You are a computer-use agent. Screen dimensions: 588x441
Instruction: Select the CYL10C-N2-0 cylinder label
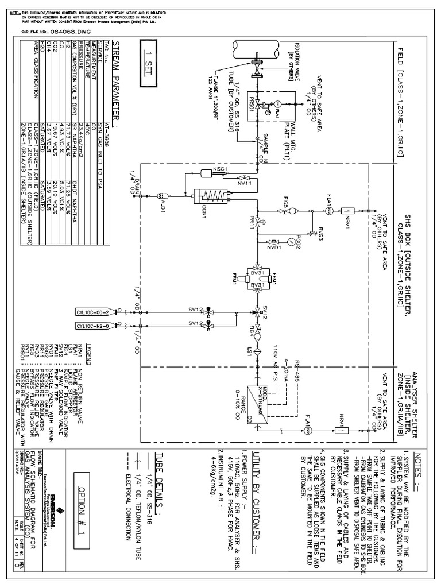click(x=169, y=325)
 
